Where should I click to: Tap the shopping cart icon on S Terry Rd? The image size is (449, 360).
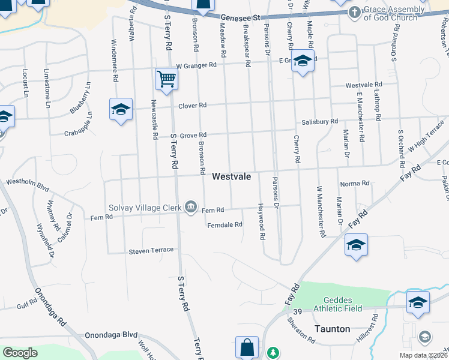click(166, 77)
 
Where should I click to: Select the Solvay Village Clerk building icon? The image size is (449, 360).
click(191, 208)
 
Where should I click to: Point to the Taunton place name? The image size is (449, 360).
click(332, 329)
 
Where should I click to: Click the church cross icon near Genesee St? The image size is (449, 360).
click(355, 12)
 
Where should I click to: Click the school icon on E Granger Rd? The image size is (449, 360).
click(303, 62)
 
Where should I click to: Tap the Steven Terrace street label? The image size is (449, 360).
click(151, 250)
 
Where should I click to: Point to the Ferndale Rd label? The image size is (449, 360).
click(224, 224)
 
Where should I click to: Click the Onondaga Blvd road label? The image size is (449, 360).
click(112, 335)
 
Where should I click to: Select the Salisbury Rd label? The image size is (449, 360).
click(320, 121)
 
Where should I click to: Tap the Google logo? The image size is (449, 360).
click(20, 353)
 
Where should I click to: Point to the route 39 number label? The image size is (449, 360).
click(298, 312)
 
